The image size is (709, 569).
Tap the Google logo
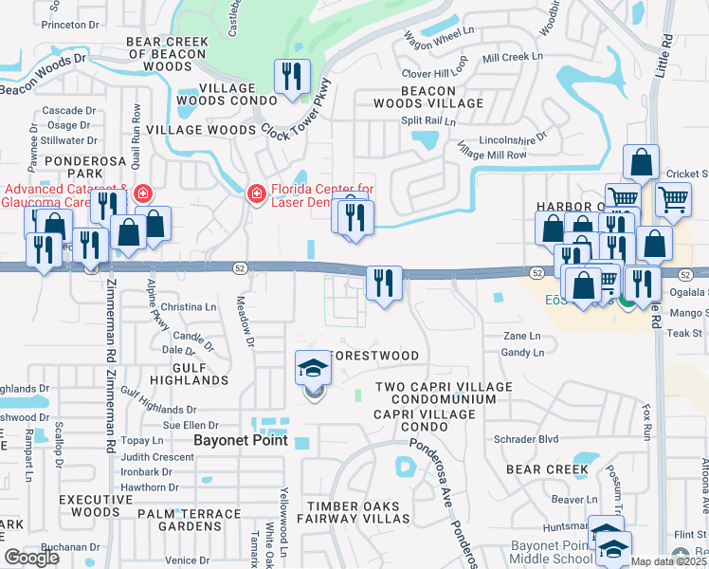tap(31, 558)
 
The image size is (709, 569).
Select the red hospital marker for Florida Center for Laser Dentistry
tap(256, 193)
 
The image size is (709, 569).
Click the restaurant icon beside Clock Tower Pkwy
tap(292, 77)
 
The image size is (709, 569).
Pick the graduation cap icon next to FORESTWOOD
tap(312, 368)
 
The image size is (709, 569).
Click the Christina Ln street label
tap(189, 307)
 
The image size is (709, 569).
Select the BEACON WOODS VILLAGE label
tap(427, 97)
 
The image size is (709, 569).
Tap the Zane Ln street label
tap(521, 336)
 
